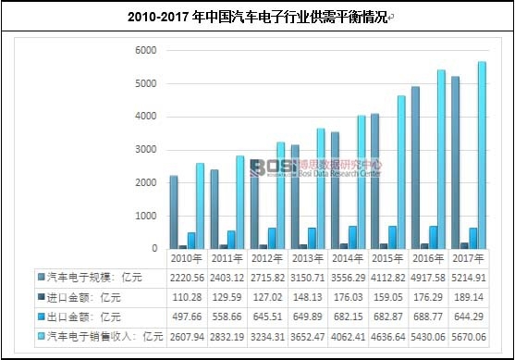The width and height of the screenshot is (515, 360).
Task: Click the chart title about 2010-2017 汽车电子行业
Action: (x=257, y=17)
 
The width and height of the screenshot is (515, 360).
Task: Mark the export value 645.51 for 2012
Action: (x=266, y=317)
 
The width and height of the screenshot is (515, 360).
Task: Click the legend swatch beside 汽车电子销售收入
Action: (x=41, y=336)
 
